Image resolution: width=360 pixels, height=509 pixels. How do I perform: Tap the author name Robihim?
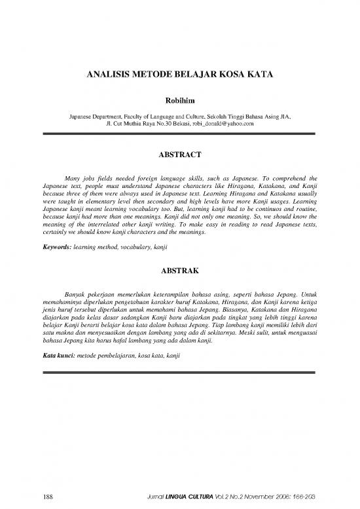pos(180,101)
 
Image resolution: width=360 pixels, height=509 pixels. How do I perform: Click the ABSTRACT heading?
pos(180,155)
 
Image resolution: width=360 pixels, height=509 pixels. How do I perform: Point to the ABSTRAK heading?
pos(180,269)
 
